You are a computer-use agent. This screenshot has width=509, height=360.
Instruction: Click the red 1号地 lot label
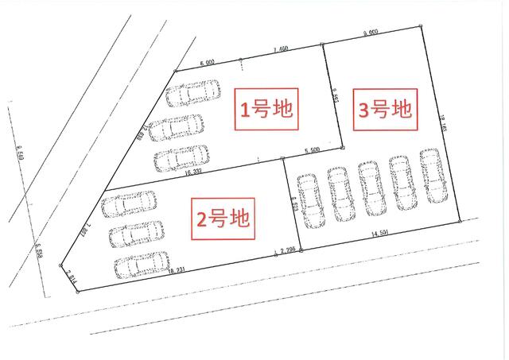(266, 109)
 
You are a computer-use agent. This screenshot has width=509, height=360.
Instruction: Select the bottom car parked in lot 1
(182, 158)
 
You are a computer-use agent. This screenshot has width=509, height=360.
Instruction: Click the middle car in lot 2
(136, 233)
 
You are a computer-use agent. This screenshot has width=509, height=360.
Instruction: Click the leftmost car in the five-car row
(309, 199)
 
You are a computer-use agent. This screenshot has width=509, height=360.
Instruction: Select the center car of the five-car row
(371, 188)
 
